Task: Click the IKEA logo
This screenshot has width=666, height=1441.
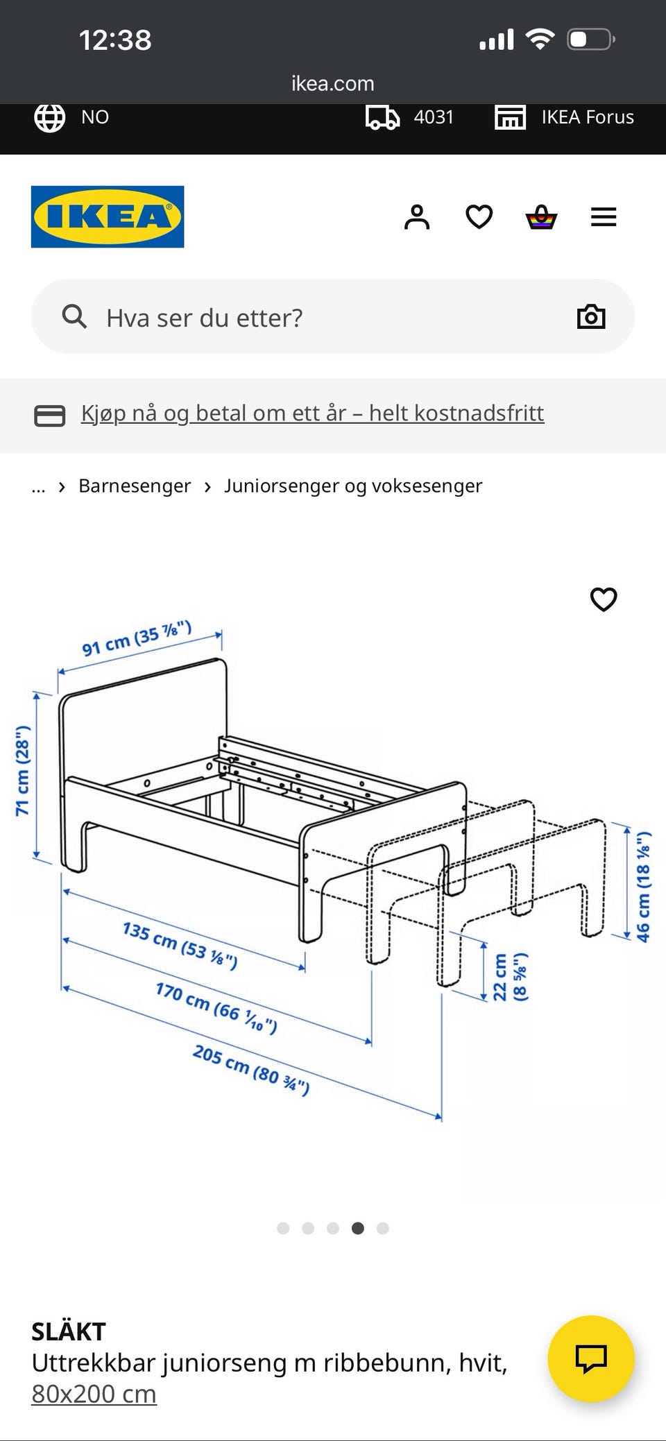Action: pos(108,216)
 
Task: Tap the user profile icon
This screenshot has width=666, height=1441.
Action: pos(417,217)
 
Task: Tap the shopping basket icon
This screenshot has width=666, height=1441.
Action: pos(541,217)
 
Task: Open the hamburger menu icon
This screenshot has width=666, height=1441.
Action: pos(603,217)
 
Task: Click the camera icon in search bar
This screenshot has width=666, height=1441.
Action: pos(591,317)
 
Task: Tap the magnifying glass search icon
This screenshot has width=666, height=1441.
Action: pos(74,317)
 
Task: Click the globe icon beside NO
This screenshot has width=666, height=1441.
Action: pos(50,117)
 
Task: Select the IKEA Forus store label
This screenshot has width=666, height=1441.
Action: pos(587,117)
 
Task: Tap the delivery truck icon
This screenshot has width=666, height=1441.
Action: pos(382,117)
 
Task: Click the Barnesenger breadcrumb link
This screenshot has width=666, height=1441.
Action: pos(135,486)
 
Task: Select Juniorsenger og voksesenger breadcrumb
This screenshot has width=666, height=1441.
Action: pos(352,486)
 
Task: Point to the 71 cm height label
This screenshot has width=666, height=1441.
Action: pos(23,770)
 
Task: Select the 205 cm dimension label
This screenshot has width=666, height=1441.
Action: pos(251,1069)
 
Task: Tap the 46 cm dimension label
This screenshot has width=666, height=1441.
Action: pos(644,886)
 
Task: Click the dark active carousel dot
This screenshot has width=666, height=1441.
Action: pos(358,1228)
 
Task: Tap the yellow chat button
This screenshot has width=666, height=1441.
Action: pos(591,1358)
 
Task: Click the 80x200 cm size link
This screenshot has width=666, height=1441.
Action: pos(94,1394)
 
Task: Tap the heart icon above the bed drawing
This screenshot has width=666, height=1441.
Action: pos(603,599)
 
